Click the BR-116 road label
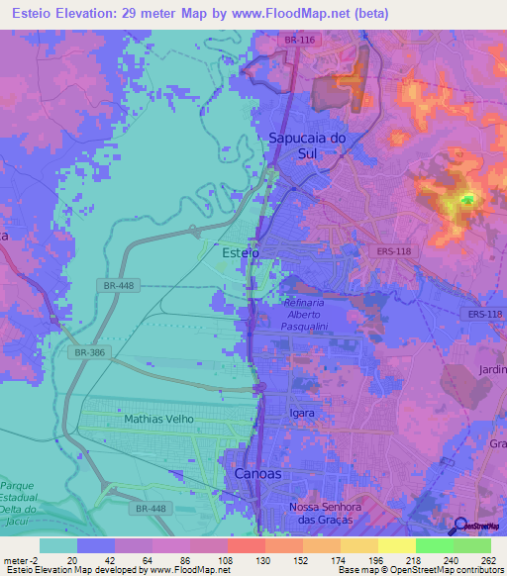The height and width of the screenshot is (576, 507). [297, 38]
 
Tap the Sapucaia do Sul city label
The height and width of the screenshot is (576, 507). [307, 145]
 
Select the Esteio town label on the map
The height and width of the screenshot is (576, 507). [241, 253]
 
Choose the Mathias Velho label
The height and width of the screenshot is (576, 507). [159, 419]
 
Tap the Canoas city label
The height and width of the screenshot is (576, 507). [257, 474]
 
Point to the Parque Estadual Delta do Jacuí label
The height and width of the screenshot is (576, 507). [18, 500]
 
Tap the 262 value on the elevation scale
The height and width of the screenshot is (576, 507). [489, 559]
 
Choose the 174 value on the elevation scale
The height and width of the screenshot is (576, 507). [321, 559]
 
